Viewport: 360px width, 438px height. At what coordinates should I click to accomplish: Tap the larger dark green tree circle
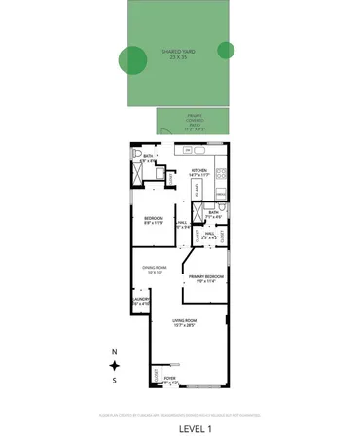tap(130, 60)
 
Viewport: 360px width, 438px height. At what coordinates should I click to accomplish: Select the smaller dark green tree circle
tap(226, 50)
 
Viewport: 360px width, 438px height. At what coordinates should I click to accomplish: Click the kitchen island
tap(196, 188)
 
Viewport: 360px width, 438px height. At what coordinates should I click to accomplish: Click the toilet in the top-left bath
tap(136, 161)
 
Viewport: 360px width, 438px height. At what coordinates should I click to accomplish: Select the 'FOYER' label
tap(170, 379)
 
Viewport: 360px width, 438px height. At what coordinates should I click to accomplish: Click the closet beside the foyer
tap(154, 375)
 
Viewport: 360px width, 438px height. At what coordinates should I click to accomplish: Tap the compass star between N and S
tap(114, 365)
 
